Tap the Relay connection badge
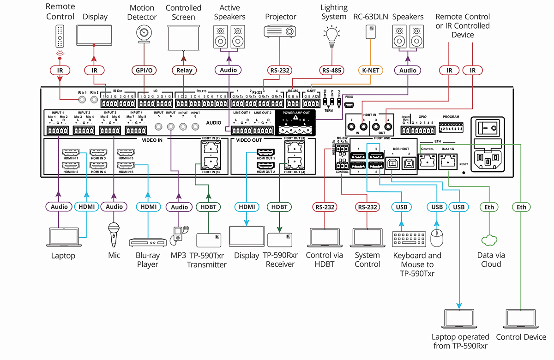(x=184, y=71)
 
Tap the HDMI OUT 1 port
(x=266, y=152)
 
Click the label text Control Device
(x=521, y=337)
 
